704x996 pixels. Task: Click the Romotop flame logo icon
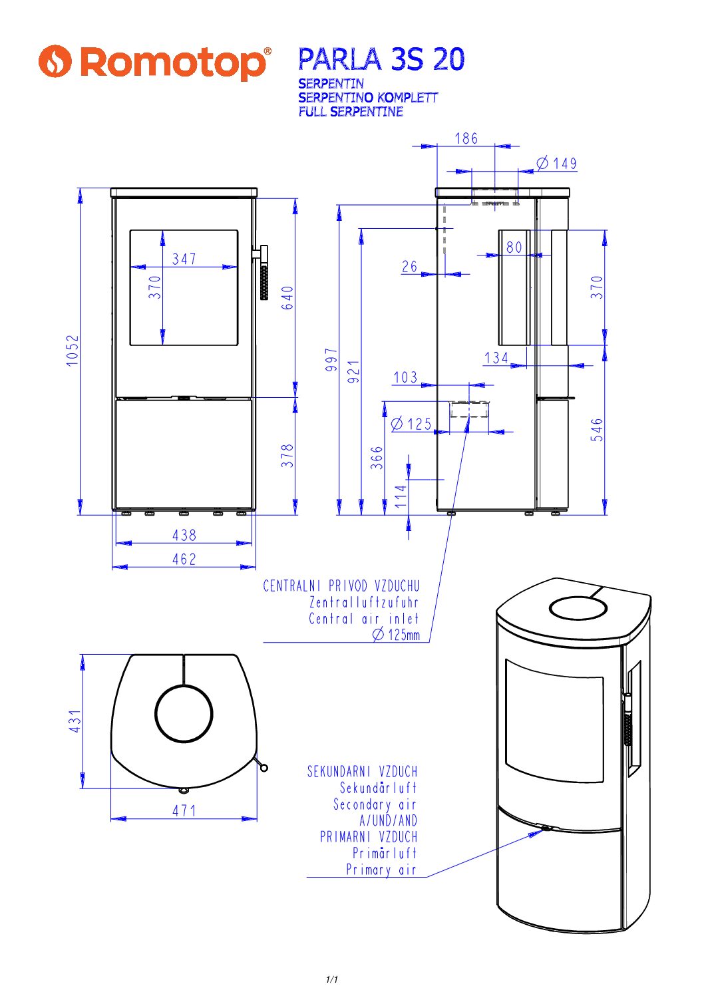click(55, 61)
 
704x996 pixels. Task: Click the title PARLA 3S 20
click(381, 60)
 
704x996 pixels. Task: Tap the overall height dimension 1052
click(73, 351)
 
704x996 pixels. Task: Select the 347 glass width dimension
click(184, 259)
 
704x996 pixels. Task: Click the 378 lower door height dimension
click(287, 456)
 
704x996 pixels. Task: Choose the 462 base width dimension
click(184, 560)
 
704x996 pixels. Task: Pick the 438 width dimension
click(184, 535)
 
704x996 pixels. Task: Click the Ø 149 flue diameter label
click(557, 163)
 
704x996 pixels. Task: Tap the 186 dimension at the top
click(466, 138)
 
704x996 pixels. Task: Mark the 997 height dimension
click(331, 359)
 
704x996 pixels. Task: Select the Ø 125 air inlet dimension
click(412, 424)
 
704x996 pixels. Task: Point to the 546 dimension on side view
click(597, 430)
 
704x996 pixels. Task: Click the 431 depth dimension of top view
click(75, 721)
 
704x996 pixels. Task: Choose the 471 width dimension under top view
click(184, 810)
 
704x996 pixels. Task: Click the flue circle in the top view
click(184, 713)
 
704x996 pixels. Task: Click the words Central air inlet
click(363, 619)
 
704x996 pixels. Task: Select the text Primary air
click(381, 870)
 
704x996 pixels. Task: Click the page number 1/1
click(332, 979)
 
